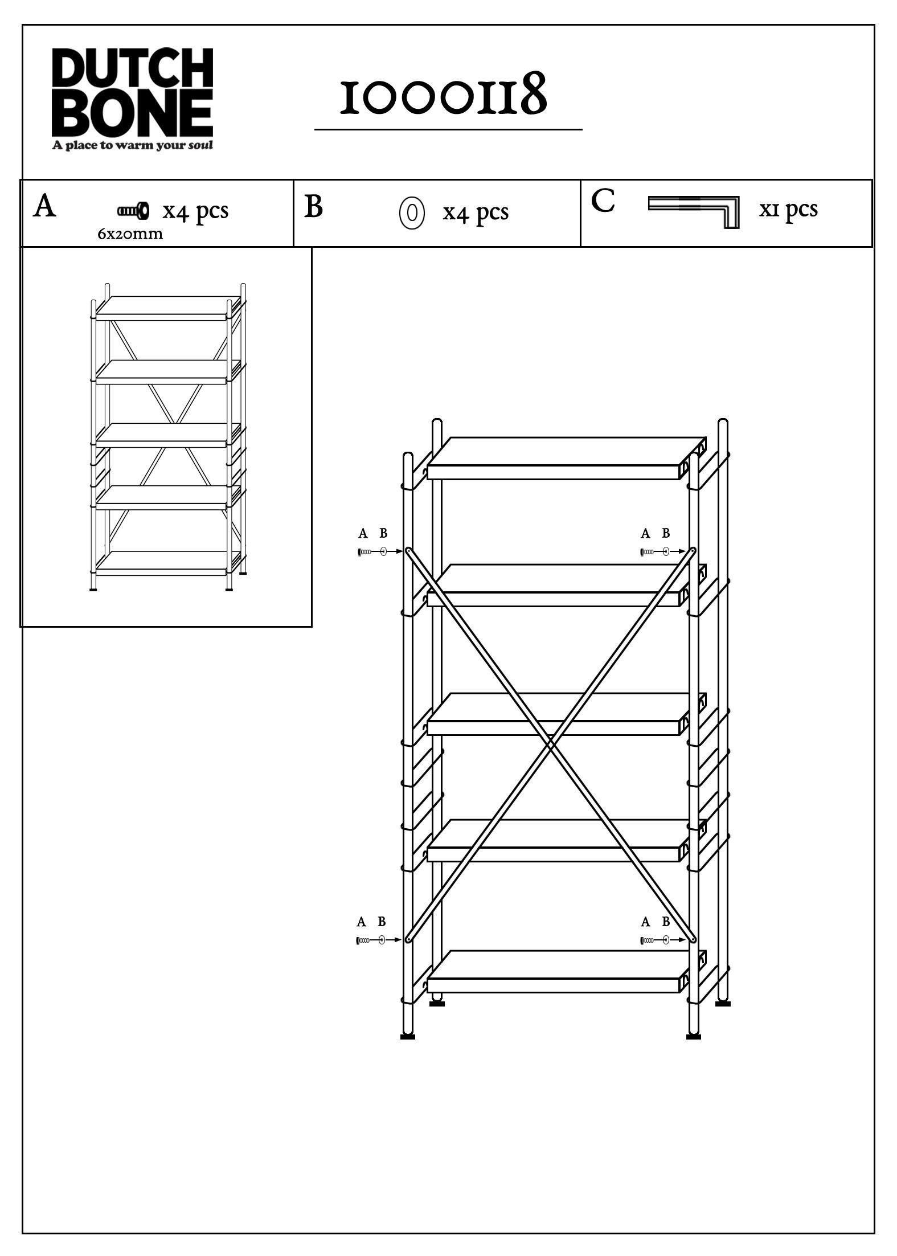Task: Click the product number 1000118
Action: [443, 96]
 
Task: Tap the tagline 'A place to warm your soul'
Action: [133, 145]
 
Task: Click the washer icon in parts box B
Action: [412, 212]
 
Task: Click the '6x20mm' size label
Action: [130, 234]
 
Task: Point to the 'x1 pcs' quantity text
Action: [788, 209]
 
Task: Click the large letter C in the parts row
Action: [603, 201]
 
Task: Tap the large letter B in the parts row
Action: [313, 207]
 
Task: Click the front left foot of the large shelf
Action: [408, 1036]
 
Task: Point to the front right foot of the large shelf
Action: [693, 1036]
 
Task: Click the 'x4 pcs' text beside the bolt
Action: [195, 211]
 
